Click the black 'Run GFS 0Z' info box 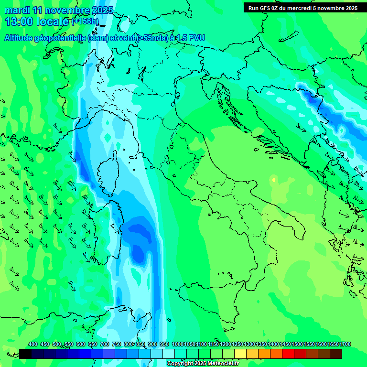(x=303, y=8)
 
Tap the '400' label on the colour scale (x=33, y=344)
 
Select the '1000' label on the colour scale (x=178, y=344)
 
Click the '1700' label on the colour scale (x=333, y=344)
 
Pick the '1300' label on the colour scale (x=249, y=344)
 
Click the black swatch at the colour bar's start (x=25, y=354)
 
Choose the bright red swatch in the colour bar (x=288, y=354)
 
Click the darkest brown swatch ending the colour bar (x=336, y=354)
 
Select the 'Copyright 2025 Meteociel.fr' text (x=203, y=363)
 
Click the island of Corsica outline (x=109, y=174)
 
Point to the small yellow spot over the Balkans (x=273, y=180)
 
